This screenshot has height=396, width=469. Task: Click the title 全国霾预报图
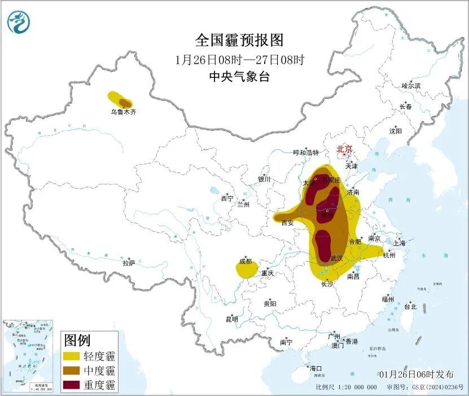click(239, 40)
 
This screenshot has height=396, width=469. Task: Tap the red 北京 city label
click(344, 149)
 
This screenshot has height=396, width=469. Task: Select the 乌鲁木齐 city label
click(123, 112)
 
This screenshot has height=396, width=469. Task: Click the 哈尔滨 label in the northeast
click(411, 86)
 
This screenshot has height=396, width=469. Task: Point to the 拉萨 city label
click(129, 263)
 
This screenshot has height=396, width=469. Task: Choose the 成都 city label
click(246, 261)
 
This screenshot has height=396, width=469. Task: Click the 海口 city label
click(316, 368)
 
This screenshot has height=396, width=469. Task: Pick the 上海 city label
click(400, 243)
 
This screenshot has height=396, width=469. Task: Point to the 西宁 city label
click(227, 199)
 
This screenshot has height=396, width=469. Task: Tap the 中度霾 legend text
click(99, 371)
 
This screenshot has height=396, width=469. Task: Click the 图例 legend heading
click(77, 341)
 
